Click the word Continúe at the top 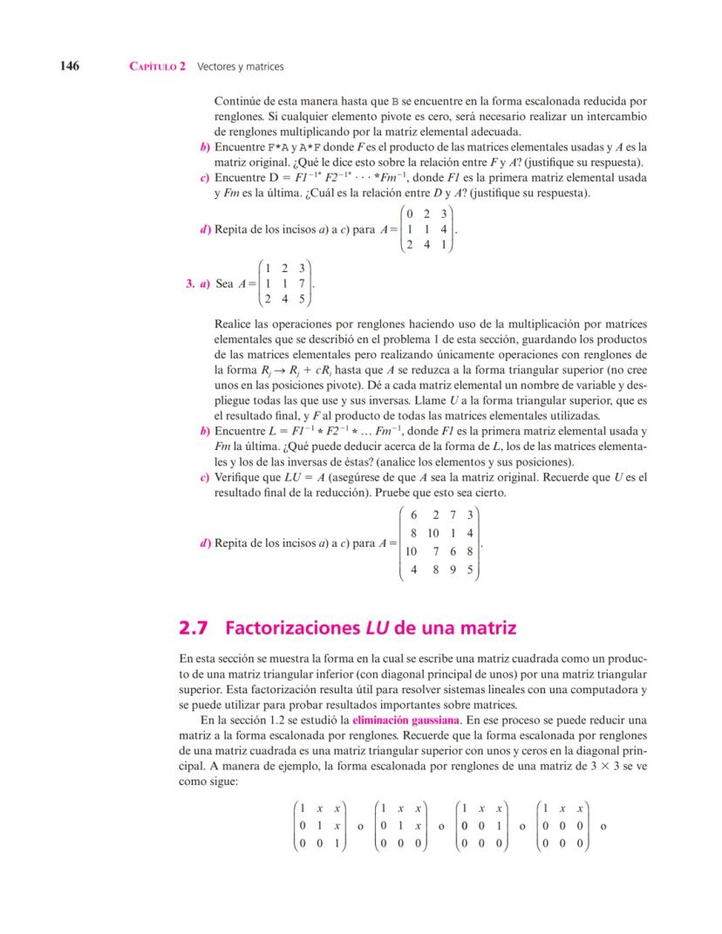point(240,102)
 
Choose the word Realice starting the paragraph point(235,324)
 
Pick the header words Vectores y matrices point(241,66)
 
